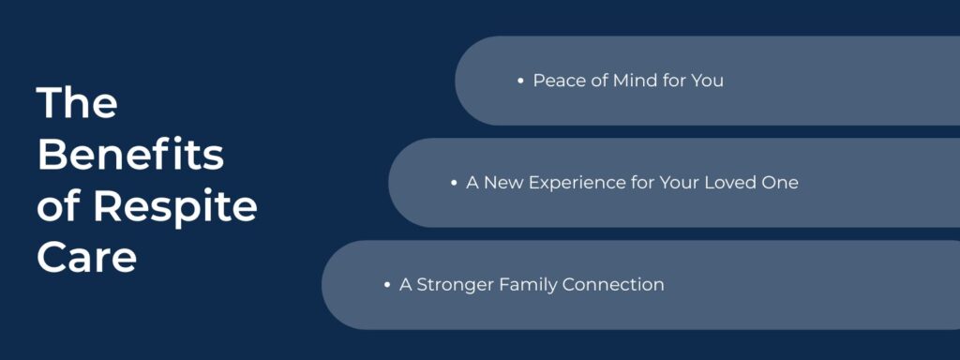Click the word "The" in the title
(x=77, y=102)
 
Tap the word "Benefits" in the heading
(x=130, y=154)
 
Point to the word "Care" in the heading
(x=86, y=257)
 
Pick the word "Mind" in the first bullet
(x=636, y=81)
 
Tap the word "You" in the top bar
(x=707, y=81)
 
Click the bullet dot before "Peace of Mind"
(x=520, y=82)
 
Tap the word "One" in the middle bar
(x=781, y=183)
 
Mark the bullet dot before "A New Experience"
(x=454, y=183)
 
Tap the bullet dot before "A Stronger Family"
(x=387, y=285)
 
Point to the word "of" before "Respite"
(x=58, y=206)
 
